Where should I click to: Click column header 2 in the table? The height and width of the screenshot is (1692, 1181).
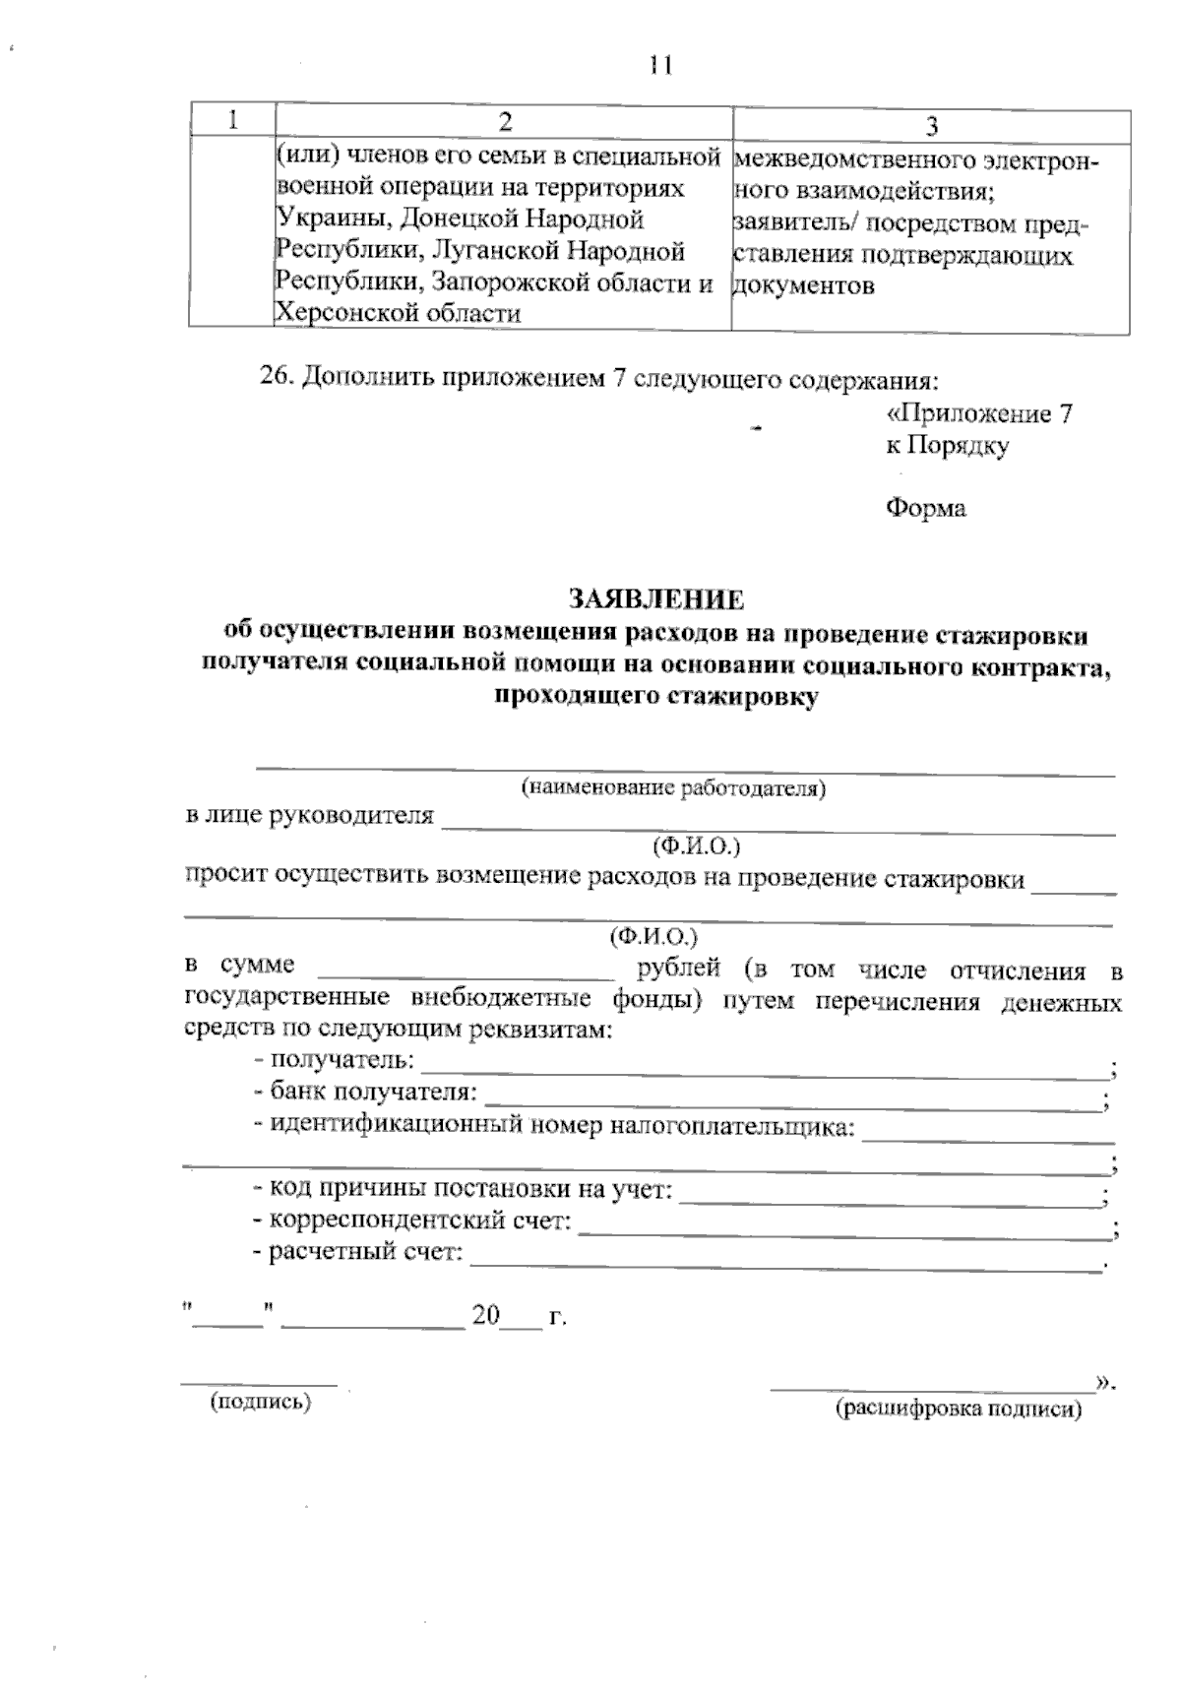(505, 121)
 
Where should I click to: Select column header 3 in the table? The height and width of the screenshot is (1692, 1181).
(931, 125)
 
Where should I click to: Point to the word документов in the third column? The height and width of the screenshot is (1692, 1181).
(803, 286)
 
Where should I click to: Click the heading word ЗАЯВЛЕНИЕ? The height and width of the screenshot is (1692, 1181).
(655, 599)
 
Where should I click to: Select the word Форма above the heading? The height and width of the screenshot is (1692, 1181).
(925, 508)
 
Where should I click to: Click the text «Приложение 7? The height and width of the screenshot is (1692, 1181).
(977, 414)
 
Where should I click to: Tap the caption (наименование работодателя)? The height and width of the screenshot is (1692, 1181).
(673, 787)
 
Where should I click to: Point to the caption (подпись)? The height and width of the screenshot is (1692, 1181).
(259, 1403)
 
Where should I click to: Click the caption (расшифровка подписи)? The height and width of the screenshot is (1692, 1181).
(958, 1410)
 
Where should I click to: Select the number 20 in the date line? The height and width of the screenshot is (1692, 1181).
(486, 1317)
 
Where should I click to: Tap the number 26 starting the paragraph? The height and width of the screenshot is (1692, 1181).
(275, 378)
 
